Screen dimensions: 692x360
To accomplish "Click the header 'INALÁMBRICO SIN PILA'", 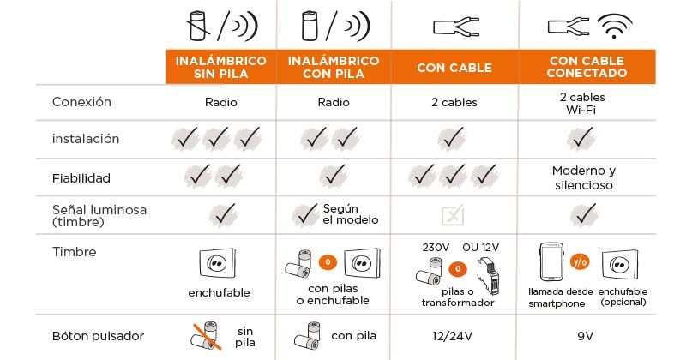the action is click(x=220, y=67).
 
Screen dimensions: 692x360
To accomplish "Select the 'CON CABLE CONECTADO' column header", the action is click(x=587, y=67).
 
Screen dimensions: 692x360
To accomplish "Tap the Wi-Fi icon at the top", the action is click(x=614, y=26).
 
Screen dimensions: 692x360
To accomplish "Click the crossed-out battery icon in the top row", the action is click(x=198, y=26).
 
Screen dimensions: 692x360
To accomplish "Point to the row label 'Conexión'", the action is click(x=81, y=102).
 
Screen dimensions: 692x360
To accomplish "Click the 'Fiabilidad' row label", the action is click(x=81, y=178).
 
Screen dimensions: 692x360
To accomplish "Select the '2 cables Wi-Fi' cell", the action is click(x=582, y=103).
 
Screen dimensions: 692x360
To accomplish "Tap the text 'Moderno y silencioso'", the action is click(x=583, y=177).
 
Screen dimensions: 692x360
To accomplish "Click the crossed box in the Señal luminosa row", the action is click(x=453, y=215).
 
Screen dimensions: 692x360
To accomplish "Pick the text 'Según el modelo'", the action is click(x=351, y=214).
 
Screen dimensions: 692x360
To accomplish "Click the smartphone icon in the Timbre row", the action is click(x=551, y=261).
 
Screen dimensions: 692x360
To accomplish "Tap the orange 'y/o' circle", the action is click(x=580, y=262).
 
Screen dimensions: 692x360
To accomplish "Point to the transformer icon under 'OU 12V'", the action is click(x=488, y=276).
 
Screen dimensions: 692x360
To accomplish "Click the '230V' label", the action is click(x=436, y=247).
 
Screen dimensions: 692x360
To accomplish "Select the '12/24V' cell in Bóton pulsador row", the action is click(x=453, y=336).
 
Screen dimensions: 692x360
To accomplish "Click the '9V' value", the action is click(x=585, y=336).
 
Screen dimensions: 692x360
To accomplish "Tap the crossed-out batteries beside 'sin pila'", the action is click(x=206, y=336).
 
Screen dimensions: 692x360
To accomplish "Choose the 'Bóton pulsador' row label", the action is click(x=98, y=336).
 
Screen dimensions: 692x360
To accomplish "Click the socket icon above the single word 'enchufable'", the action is click(x=217, y=263).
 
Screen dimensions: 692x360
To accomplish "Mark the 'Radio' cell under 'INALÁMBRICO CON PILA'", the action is click(x=334, y=102).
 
